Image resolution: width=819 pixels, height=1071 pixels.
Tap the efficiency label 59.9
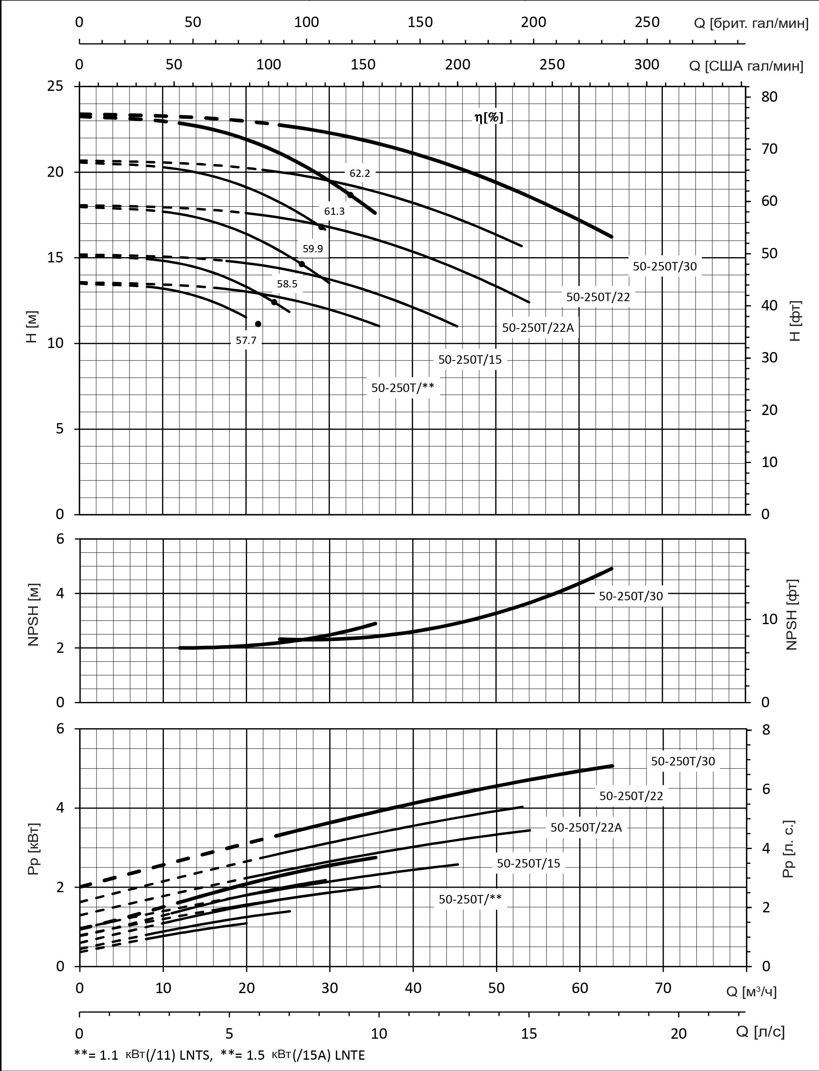pos(312,249)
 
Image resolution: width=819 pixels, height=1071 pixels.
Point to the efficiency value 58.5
pos(287,284)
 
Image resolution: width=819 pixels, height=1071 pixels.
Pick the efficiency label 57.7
pos(246,341)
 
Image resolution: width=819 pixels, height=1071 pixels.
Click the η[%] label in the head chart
pos(488,117)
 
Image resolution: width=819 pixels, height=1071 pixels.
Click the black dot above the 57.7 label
pos(258,324)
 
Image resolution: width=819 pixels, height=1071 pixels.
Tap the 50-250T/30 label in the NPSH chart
pos(631,596)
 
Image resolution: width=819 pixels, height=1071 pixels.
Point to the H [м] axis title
pos(33,327)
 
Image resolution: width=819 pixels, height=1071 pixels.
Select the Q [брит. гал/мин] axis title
pos(751,23)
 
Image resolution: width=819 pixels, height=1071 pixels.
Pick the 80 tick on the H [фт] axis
pos(769,96)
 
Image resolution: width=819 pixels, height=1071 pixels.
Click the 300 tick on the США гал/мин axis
pos(647,65)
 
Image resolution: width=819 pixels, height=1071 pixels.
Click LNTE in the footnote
pos(347,1055)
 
